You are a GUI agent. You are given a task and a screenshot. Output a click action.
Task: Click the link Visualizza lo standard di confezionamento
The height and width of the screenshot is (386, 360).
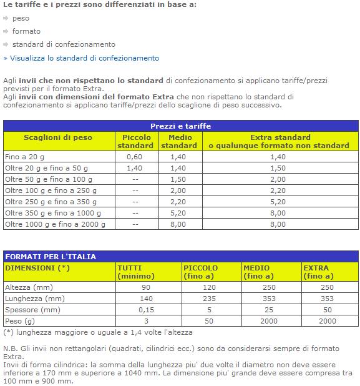pos(84,58)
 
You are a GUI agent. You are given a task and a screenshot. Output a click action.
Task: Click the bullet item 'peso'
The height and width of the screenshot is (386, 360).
pos(21,18)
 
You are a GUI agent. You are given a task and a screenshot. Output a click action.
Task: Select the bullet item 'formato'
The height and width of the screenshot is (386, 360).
pos(26,31)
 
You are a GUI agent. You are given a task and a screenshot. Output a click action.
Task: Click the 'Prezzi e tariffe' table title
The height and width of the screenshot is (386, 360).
pos(180,126)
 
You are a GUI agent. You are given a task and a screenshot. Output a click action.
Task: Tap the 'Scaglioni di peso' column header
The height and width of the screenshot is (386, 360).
pos(58,137)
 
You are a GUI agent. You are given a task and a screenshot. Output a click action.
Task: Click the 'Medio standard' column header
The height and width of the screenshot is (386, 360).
pos(180,141)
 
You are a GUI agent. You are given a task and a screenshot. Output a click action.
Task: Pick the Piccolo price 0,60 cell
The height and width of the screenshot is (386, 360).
pos(135,157)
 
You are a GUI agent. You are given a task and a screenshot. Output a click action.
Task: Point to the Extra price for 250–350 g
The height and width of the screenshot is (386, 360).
pos(278,202)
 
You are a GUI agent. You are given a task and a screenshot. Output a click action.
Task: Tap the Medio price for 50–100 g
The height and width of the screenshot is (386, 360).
pos(178,179)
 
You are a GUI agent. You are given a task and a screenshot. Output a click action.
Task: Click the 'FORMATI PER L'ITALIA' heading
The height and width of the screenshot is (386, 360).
pos(51,257)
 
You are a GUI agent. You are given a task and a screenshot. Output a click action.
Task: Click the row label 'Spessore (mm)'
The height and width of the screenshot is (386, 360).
pos(32,310)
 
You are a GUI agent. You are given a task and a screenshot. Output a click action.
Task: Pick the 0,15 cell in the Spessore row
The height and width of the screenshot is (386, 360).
pos(146,310)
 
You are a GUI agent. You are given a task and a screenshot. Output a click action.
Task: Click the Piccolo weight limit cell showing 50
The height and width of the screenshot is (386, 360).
pos(209,321)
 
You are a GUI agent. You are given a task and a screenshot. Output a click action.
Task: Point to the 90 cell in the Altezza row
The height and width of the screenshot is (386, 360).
pos(146,287)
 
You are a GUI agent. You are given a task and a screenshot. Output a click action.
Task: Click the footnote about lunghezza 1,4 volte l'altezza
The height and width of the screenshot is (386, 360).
pos(99,332)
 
